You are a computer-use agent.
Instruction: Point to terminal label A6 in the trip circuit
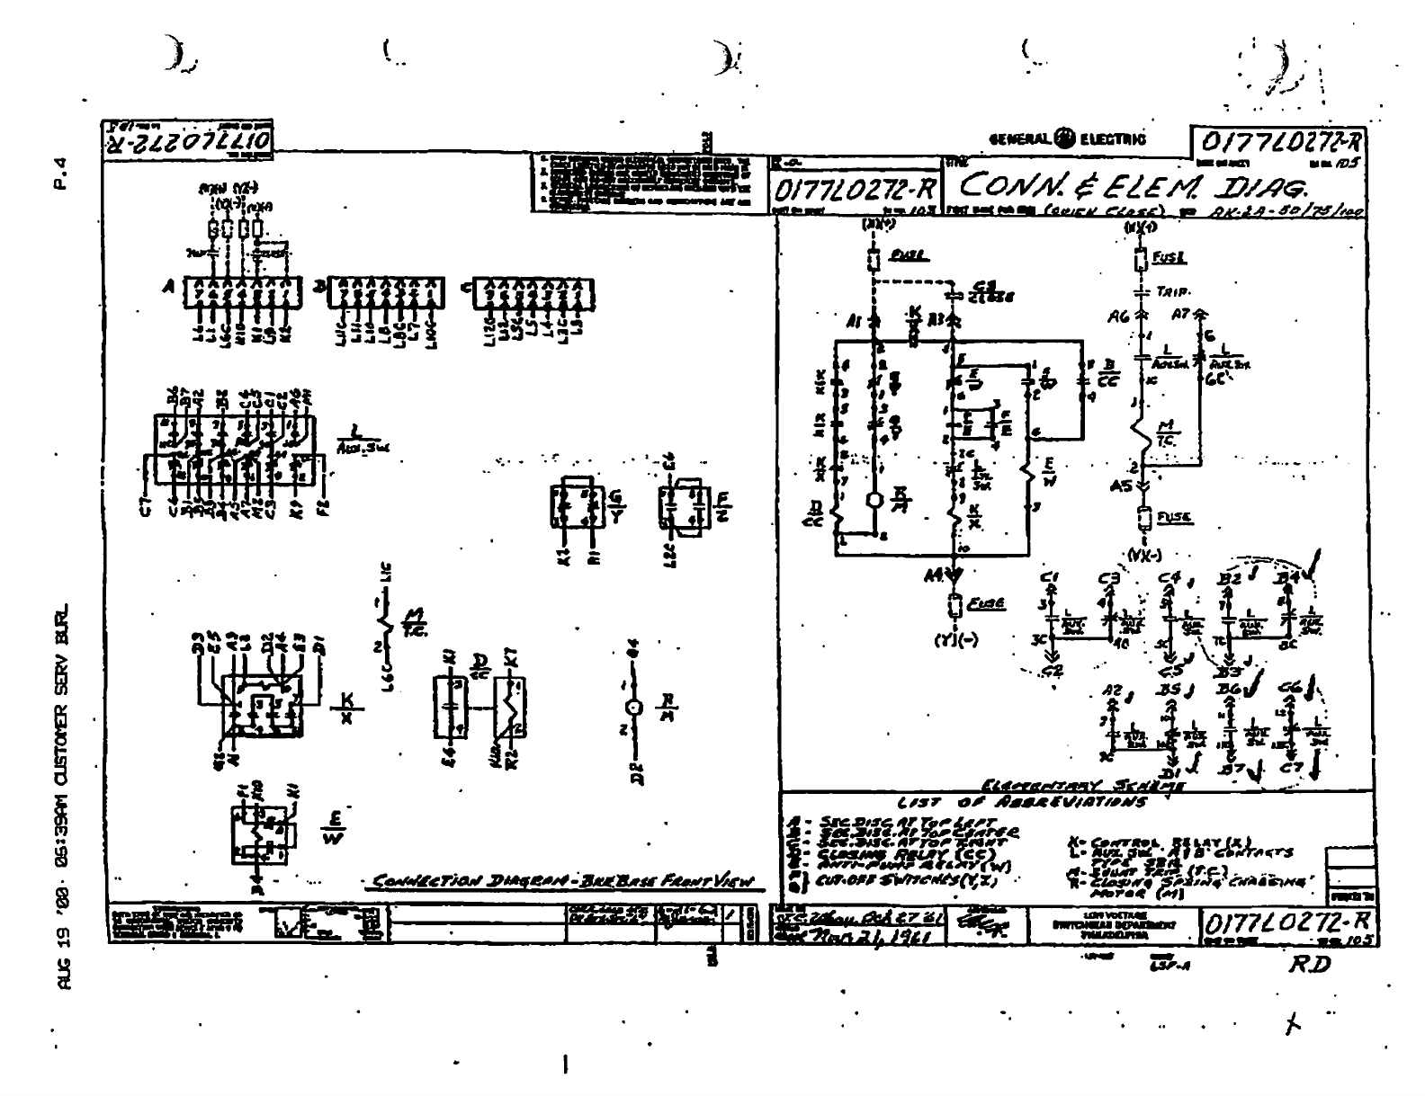[x=1118, y=316]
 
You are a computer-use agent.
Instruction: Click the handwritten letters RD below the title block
[x=1309, y=964]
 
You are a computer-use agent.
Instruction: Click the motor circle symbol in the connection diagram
[x=635, y=708]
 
